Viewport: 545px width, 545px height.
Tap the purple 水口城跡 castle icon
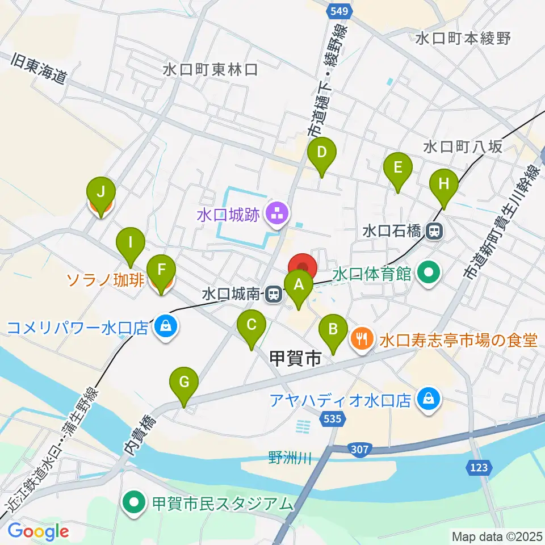[278, 215]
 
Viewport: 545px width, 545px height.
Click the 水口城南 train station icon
[274, 294]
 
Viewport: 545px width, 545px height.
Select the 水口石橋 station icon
[435, 231]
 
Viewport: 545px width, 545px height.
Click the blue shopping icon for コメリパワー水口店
[165, 328]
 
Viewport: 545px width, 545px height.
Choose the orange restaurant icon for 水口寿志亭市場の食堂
[362, 339]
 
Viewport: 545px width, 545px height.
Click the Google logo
[38, 531]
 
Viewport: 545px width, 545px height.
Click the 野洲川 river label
[290, 458]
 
